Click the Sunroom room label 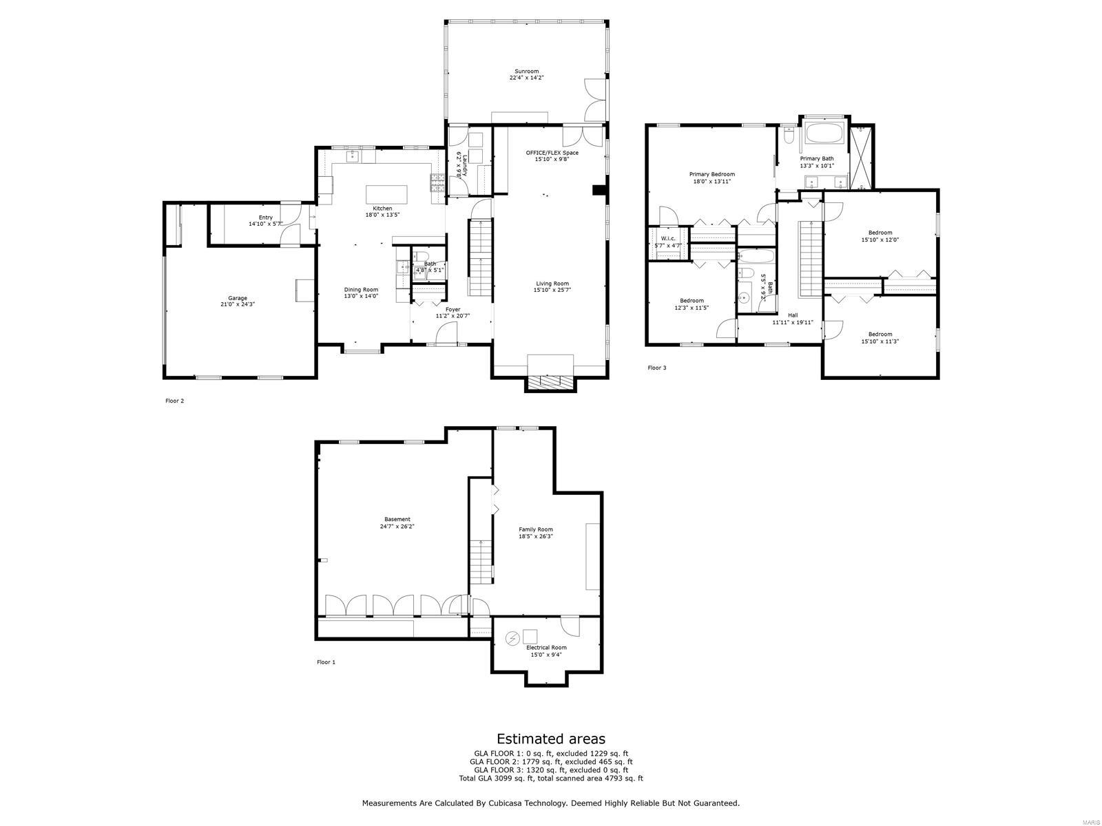pos(526,71)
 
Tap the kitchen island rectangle pos(386,193)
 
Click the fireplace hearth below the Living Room pos(550,383)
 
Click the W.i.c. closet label pos(667,239)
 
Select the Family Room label pos(536,529)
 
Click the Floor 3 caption pos(656,368)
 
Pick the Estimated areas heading pos(551,739)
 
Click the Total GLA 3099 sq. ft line pos(551,779)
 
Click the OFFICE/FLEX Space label pos(552,153)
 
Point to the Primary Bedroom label pos(711,174)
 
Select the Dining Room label pos(361,290)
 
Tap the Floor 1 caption pos(326,662)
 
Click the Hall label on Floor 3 pos(792,315)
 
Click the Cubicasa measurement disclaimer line pos(551,803)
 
